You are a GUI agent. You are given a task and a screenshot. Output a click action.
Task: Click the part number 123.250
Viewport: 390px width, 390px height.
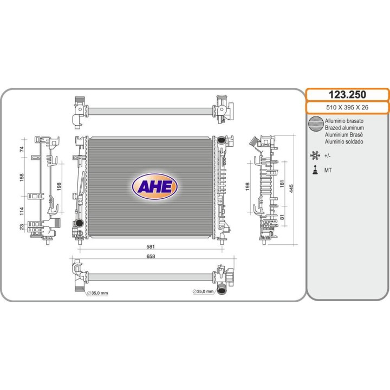point(347,94)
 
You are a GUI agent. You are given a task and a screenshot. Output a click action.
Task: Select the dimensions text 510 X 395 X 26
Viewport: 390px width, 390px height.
point(347,107)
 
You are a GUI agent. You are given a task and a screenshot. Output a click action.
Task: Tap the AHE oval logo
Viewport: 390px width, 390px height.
point(154,186)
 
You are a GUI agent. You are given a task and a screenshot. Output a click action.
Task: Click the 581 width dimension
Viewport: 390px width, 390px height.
point(151,246)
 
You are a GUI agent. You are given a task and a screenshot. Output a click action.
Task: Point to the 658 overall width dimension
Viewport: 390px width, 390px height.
point(151,256)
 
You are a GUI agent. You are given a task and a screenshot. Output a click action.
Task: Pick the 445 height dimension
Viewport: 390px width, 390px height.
point(291,188)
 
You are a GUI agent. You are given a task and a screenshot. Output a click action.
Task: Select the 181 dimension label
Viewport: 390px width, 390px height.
point(282,184)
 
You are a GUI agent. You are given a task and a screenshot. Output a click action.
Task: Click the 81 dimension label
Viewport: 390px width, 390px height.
point(282,217)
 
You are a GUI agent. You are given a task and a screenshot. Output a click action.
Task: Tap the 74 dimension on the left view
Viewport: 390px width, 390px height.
point(22,149)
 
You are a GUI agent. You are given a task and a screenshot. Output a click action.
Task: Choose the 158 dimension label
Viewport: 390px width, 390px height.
point(22,177)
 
